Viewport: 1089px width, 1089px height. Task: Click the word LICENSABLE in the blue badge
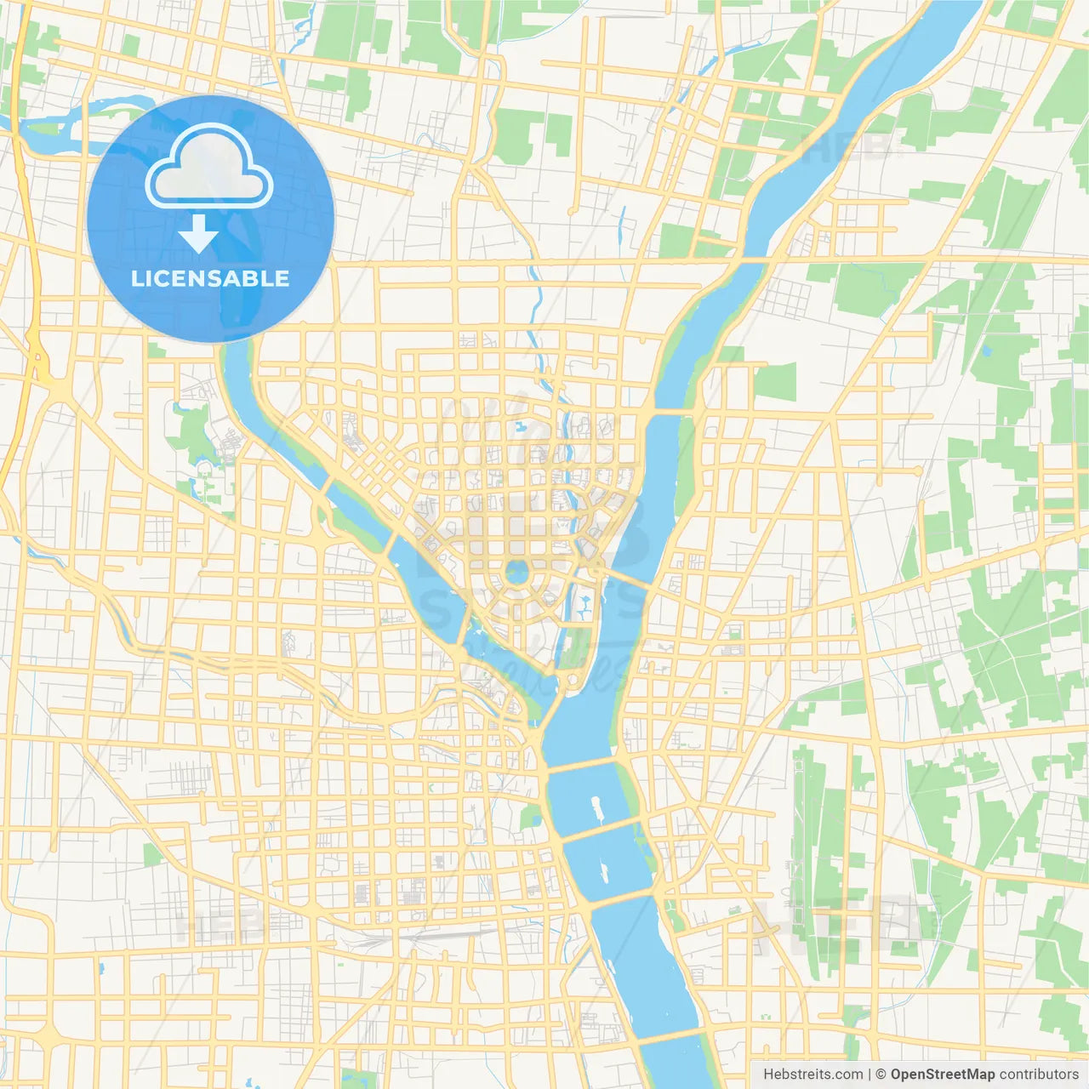click(x=210, y=278)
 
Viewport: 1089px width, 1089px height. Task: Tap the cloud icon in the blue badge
click(x=209, y=167)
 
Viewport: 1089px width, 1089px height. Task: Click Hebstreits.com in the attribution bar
click(x=812, y=1074)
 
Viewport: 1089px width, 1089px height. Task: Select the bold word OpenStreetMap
click(x=942, y=1074)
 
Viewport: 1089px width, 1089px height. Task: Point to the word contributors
click(x=1039, y=1074)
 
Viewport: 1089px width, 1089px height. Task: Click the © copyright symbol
click(x=881, y=1074)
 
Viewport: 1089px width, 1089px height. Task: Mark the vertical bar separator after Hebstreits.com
click(x=869, y=1074)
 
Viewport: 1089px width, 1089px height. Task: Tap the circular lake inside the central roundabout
click(x=516, y=572)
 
